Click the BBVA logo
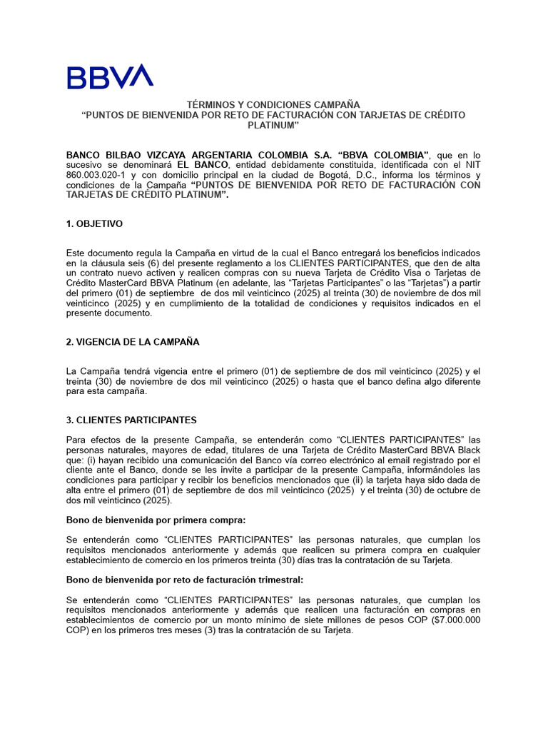[x=110, y=76]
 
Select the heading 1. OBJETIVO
[x=94, y=224]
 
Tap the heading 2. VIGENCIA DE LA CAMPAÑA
[x=133, y=342]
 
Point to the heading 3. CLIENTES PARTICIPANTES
[x=131, y=420]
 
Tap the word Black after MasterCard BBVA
[x=467, y=450]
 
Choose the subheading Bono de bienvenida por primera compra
[x=156, y=520]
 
